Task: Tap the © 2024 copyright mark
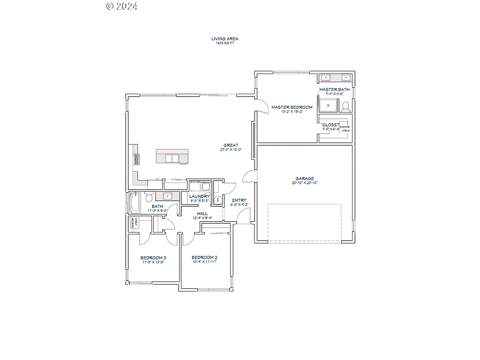pyautogui.click(x=121, y=6)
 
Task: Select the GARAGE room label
pyautogui.click(x=305, y=178)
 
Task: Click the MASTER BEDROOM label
pyautogui.click(x=292, y=107)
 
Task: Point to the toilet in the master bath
pyautogui.click(x=346, y=107)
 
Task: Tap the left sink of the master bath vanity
pyautogui.click(x=326, y=77)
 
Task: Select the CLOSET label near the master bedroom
pyautogui.click(x=330, y=125)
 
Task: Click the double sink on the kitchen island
pyautogui.click(x=172, y=158)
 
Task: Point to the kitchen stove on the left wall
pyautogui.click(x=136, y=159)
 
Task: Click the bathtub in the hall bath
pyautogui.click(x=133, y=203)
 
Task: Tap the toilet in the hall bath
pyautogui.click(x=149, y=195)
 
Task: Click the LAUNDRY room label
pyautogui.click(x=200, y=196)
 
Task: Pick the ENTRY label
pyautogui.click(x=239, y=200)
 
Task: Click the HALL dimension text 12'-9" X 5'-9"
pyautogui.click(x=202, y=218)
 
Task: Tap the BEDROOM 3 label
pyautogui.click(x=153, y=258)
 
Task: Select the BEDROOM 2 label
pyautogui.click(x=204, y=258)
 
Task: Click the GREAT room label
pyautogui.click(x=231, y=145)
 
